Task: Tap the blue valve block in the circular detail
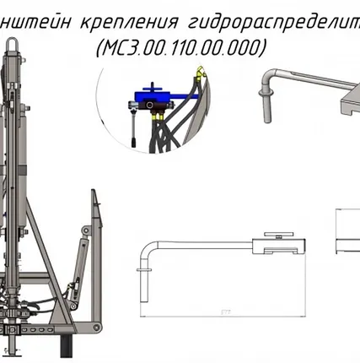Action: click(155, 99)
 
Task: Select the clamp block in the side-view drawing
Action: click(283, 247)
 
